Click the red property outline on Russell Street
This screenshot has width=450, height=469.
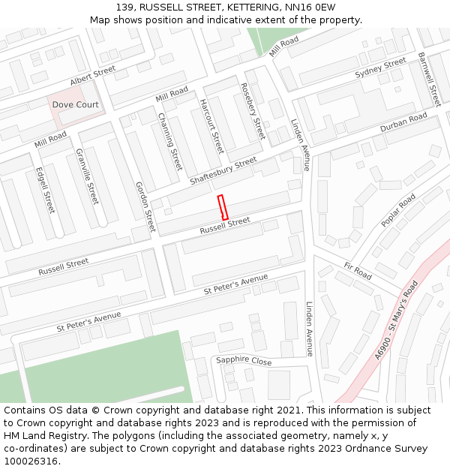pos(223,207)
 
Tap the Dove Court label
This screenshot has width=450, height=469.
pos(75,105)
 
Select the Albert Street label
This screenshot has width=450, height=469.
pos(93,75)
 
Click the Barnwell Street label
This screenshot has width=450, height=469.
pos(429,80)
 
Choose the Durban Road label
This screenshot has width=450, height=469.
pos(403,123)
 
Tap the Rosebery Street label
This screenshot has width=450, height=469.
pos(253,111)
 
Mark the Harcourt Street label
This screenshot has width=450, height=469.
pos(211,126)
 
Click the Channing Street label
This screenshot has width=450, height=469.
pos(170,141)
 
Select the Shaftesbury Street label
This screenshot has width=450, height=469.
pos(223,172)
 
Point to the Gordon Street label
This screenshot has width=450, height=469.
pos(145,206)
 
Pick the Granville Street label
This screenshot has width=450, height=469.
pos(87,176)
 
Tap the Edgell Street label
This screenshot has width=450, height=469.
pos(45,189)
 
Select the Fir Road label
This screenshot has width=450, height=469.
pos(358,271)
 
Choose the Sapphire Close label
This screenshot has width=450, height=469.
pos(244,360)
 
